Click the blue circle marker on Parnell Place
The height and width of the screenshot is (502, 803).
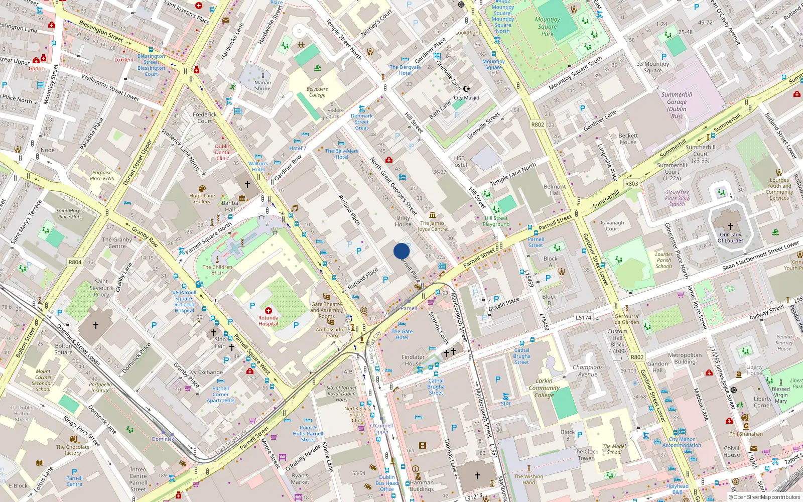coord(401,251)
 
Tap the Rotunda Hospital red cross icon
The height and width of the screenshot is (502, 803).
coord(269,311)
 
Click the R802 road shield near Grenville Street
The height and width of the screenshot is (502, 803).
coord(538,124)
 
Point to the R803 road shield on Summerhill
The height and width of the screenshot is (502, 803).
coord(631,184)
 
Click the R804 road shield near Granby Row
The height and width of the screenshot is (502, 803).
coord(75,262)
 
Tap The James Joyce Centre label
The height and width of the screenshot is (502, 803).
coord(432,226)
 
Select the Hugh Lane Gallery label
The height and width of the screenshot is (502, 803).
coord(202,199)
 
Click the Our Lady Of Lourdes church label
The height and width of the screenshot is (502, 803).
coord(730,237)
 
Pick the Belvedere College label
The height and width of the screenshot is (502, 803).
coord(317,92)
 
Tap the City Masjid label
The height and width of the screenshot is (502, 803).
coord(466,98)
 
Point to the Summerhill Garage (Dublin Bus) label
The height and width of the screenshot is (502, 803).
coord(677,105)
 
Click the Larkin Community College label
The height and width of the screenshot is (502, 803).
coord(544,388)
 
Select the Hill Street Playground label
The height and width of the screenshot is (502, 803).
coord(496,221)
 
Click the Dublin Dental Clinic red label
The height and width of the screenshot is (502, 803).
coord(223,152)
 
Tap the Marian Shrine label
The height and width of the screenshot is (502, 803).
coord(262,85)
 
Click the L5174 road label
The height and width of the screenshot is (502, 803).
coord(583,317)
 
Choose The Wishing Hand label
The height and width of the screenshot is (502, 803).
coord(528,479)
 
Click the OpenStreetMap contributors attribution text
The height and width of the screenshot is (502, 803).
coord(766,497)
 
